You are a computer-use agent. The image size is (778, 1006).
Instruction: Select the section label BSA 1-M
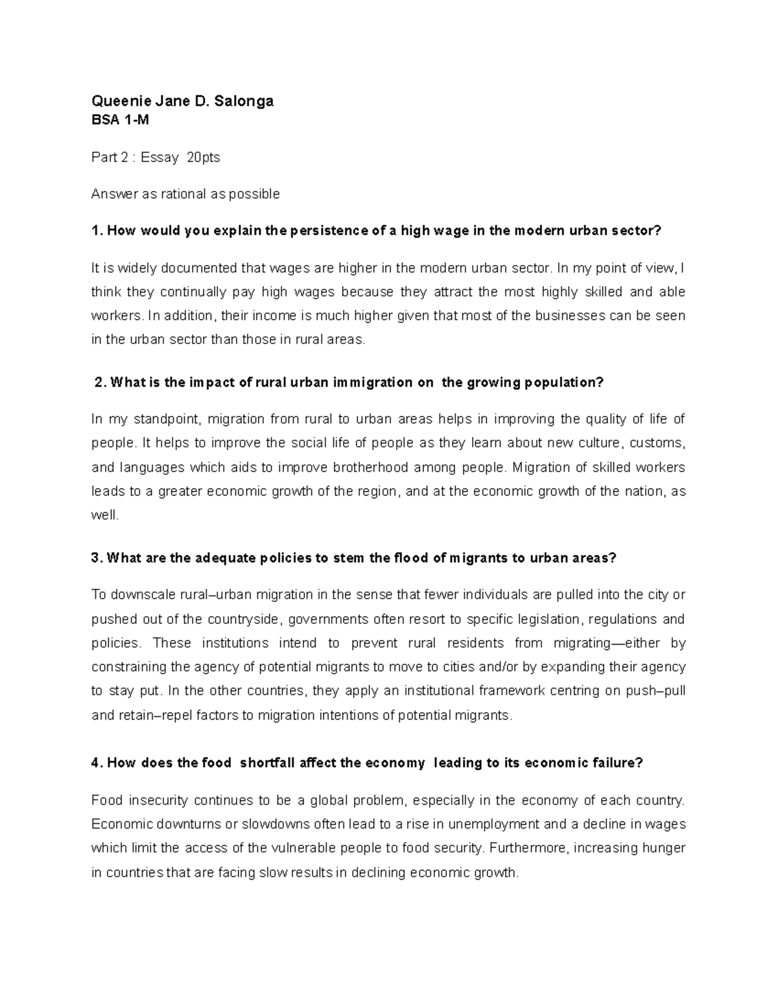pyautogui.click(x=121, y=120)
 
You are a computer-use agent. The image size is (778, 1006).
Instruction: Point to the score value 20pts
pyautogui.click(x=203, y=157)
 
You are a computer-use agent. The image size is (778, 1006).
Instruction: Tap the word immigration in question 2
pyautogui.click(x=373, y=382)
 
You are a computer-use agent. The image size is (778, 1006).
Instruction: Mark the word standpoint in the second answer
pyautogui.click(x=162, y=419)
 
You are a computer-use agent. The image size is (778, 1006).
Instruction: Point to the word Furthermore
pyautogui.click(x=527, y=848)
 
